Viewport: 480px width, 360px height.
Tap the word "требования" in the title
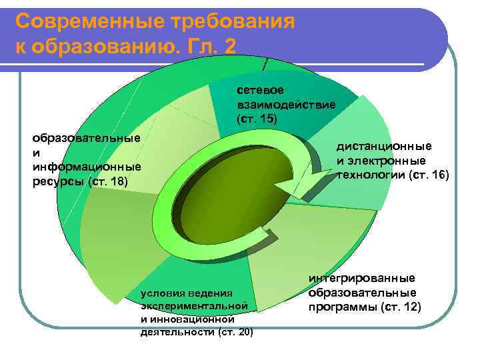pyautogui.click(x=227, y=22)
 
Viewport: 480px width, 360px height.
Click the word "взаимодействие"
pyautogui.click(x=285, y=104)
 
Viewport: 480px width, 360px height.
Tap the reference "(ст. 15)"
pyautogui.click(x=255, y=119)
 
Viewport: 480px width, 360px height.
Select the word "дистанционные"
pyautogui.click(x=383, y=146)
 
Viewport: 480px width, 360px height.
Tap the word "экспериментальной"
pyautogui.click(x=195, y=305)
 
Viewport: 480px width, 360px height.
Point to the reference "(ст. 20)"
pyautogui.click(x=235, y=332)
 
